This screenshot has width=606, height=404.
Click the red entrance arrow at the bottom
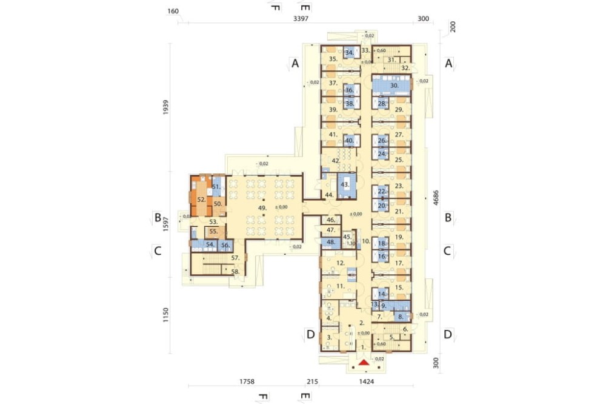pyautogui.click(x=363, y=362)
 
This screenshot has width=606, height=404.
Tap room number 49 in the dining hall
pyautogui.click(x=262, y=208)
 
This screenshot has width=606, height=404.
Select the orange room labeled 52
pyautogui.click(x=201, y=198)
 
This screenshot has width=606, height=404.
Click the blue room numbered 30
pyautogui.click(x=394, y=86)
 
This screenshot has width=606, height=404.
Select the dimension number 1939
pyautogui.click(x=166, y=107)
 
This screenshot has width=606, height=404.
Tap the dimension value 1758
pyautogui.click(x=247, y=383)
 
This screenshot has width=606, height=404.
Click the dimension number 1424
pyautogui.click(x=367, y=383)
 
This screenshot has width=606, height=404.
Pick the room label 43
pyautogui.click(x=345, y=184)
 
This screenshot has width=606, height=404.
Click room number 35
pyautogui.click(x=333, y=59)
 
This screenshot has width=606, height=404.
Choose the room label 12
pyautogui.click(x=341, y=263)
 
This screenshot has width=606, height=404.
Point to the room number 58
pyautogui.click(x=235, y=272)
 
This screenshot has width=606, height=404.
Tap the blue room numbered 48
pyautogui.click(x=331, y=242)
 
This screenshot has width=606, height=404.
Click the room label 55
pyautogui.click(x=213, y=232)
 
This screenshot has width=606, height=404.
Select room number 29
pyautogui.click(x=399, y=109)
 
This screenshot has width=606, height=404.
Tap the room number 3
pyautogui.click(x=329, y=337)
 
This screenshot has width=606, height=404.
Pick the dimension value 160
pyautogui.click(x=173, y=12)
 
